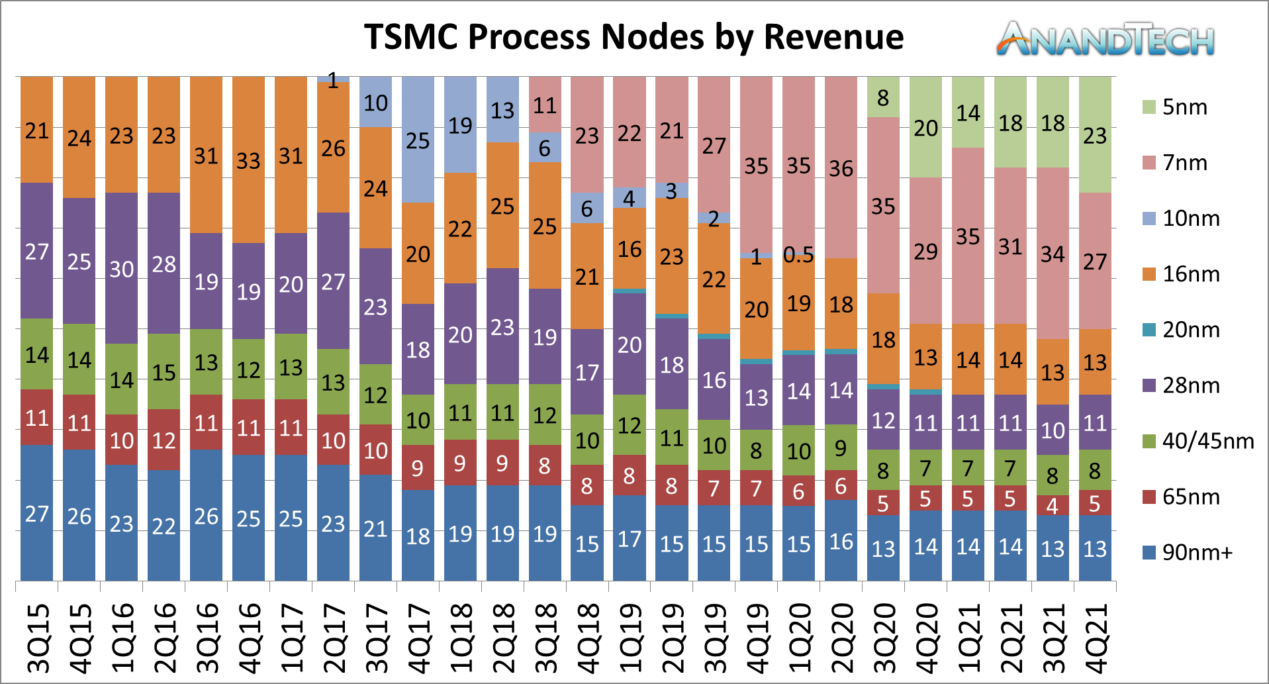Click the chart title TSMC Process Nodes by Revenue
(634, 36)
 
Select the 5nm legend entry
(1175, 107)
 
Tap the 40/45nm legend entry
(1198, 441)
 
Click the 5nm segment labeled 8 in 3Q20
(883, 97)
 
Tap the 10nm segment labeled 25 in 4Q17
(418, 140)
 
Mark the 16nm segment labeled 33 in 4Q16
(248, 160)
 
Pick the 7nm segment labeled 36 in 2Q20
(841, 168)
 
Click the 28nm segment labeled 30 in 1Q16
(122, 269)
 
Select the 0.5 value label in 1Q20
(798, 255)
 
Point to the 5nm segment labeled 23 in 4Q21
(1095, 135)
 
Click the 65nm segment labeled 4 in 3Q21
(1053, 505)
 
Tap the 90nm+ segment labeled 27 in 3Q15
(37, 513)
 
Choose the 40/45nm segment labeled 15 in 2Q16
(164, 372)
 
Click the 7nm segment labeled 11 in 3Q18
(545, 105)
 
